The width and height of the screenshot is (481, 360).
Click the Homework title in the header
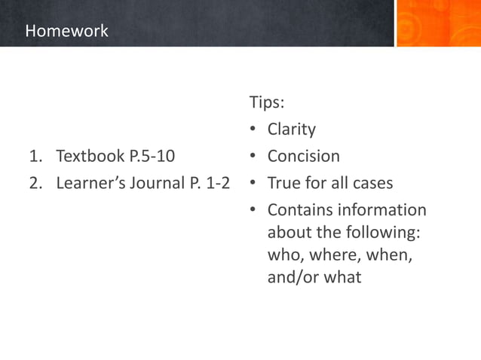click(x=66, y=32)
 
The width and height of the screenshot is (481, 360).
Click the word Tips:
click(x=267, y=102)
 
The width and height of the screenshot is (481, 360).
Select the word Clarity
click(x=291, y=130)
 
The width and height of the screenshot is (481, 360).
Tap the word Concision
click(x=303, y=157)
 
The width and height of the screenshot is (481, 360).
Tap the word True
click(x=284, y=184)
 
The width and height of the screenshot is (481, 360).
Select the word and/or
click(x=293, y=278)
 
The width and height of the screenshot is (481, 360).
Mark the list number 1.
click(x=35, y=157)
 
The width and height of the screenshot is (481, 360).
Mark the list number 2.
click(x=35, y=184)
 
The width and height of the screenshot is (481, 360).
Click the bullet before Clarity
click(x=255, y=130)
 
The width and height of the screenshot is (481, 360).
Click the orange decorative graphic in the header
click(x=437, y=23)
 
